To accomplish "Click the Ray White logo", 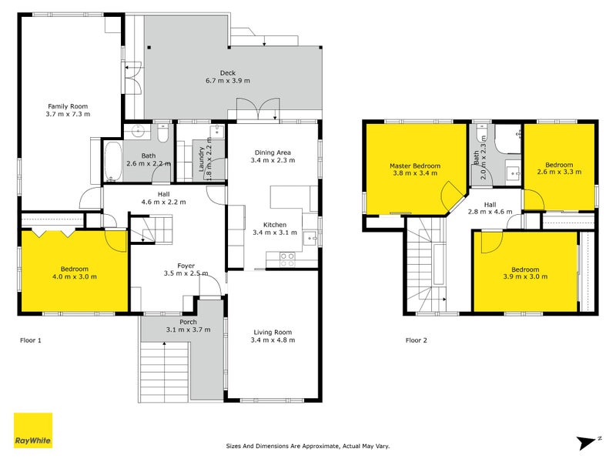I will (x=33, y=430).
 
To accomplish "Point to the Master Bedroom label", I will (x=414, y=166).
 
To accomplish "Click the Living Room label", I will (x=273, y=333).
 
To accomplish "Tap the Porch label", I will (x=188, y=322).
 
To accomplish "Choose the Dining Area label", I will (x=273, y=152).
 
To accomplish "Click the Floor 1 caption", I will (x=32, y=339).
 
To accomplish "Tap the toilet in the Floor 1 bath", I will (x=162, y=136).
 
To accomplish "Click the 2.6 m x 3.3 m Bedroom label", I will (x=559, y=166).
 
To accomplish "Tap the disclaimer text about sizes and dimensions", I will (x=307, y=445).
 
